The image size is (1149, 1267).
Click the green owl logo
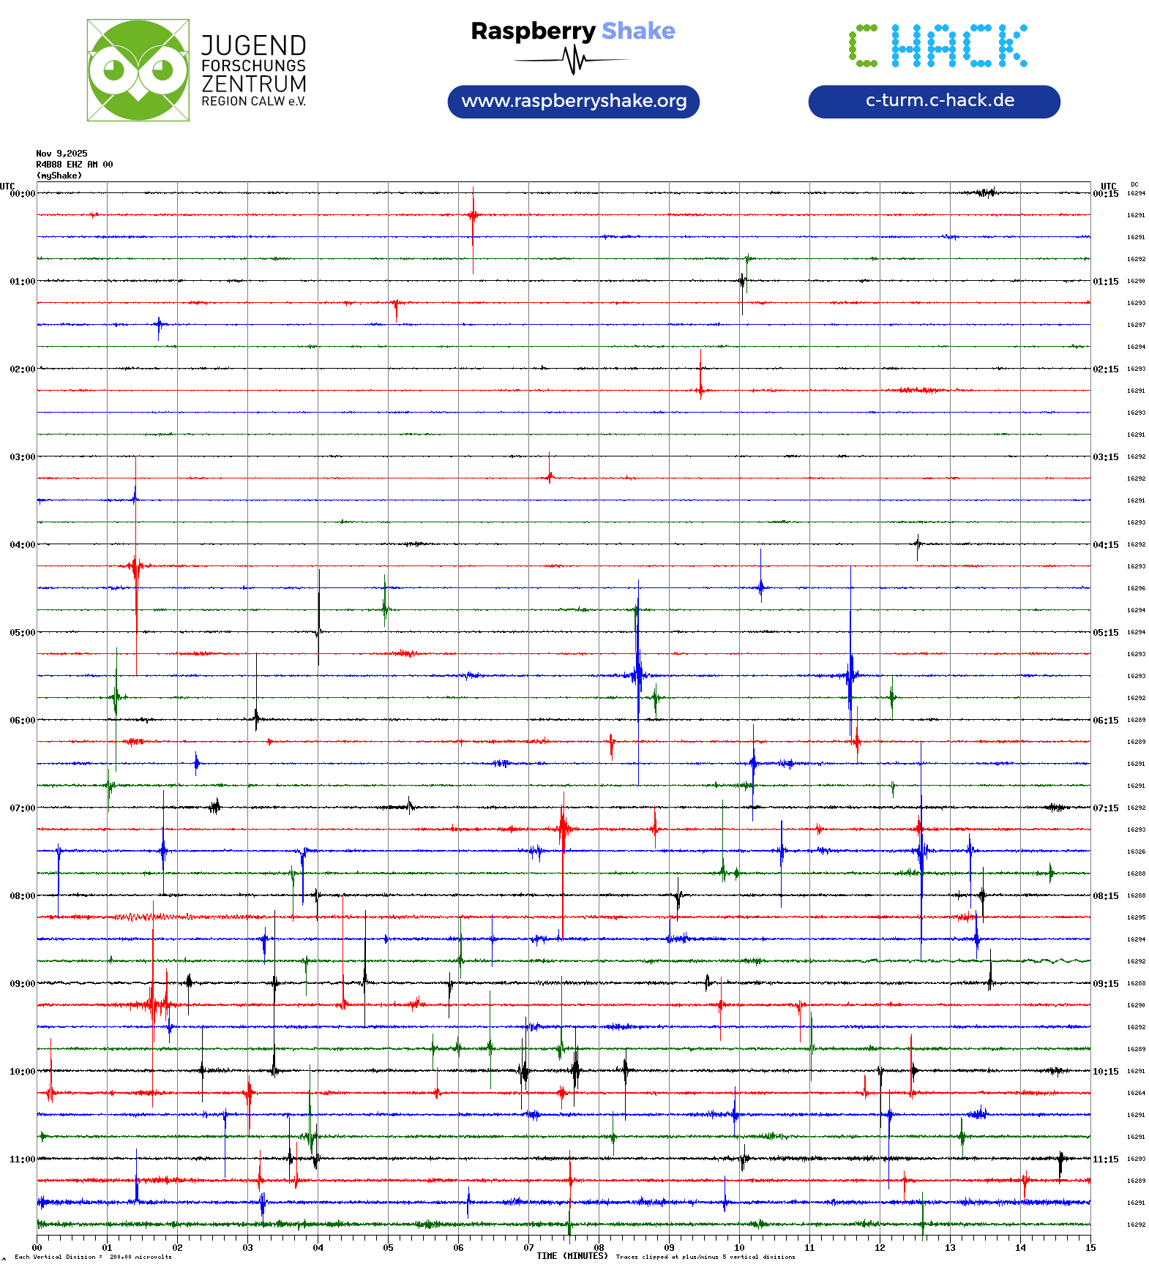[138, 70]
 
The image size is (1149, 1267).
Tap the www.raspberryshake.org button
[574, 101]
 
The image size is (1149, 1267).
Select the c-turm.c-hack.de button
[934, 101]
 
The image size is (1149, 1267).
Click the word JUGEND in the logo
[253, 45]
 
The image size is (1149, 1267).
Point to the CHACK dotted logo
[937, 46]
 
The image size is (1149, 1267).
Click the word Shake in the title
[638, 31]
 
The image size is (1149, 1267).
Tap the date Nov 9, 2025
[61, 154]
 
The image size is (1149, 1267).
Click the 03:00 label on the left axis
[22, 457]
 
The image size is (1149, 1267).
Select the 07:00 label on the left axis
[22, 808]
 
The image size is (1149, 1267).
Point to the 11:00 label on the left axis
[22, 1159]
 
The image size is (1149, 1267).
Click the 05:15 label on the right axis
[1105, 633]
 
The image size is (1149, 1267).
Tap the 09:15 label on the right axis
[1105, 984]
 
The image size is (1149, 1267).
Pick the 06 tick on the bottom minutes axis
[458, 1248]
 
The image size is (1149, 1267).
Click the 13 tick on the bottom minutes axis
[950, 1248]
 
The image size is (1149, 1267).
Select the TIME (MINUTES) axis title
[572, 1256]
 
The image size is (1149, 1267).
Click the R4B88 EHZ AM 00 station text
[74, 165]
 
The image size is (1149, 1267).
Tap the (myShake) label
[59, 176]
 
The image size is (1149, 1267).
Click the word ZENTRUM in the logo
[253, 84]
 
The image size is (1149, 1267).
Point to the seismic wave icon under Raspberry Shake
[574, 60]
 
